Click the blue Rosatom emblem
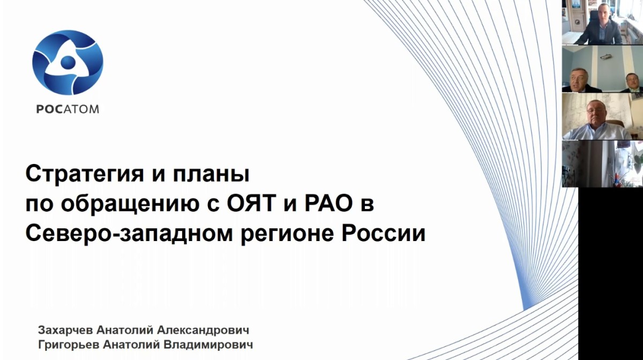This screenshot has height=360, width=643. coord(68,63)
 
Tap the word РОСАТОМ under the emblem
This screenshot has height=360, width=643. coord(68,109)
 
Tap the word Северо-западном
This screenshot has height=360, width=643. coord(129,234)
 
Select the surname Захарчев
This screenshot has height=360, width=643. coord(65,330)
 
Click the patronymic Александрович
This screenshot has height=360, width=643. coord(203,330)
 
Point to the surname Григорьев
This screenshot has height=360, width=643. coord(69,345)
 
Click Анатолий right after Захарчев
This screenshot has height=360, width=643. coord(125,330)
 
